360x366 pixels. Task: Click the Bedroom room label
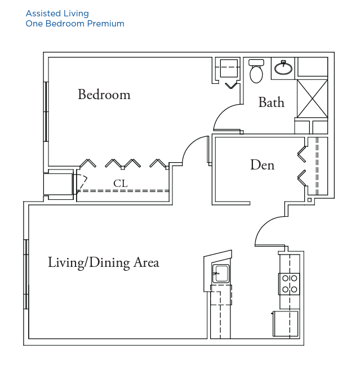(104, 95)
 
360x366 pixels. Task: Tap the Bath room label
(272, 102)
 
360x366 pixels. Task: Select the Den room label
(263, 165)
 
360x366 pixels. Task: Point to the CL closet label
(121, 184)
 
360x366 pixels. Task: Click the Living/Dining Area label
(104, 262)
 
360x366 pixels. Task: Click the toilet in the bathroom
(256, 71)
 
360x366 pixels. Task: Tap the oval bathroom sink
(283, 68)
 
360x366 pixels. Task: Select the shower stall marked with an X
(312, 99)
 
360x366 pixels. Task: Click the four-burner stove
(289, 284)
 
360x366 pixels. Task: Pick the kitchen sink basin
(221, 273)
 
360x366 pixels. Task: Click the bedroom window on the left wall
(46, 111)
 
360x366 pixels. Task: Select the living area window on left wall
(26, 274)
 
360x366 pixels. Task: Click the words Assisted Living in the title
(57, 14)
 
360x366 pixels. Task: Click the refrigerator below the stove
(286, 324)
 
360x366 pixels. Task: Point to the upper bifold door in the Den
(301, 154)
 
